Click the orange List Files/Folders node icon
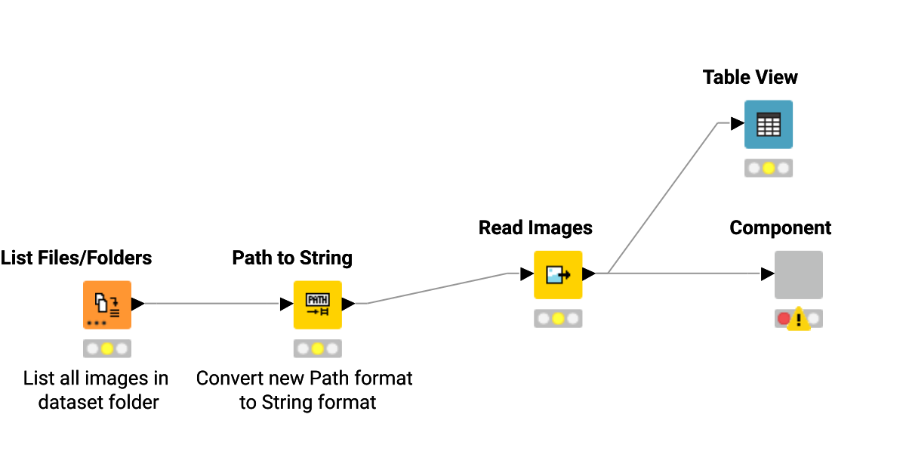[x=106, y=304]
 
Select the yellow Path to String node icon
[x=317, y=304]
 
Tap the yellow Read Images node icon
[x=558, y=274]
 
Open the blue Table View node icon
[x=768, y=124]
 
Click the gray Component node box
[x=798, y=274]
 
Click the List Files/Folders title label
[x=76, y=258]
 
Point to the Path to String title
[x=292, y=258]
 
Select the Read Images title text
[x=535, y=227]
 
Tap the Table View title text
[x=750, y=77]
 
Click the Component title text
[x=780, y=227]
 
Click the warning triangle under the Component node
[x=799, y=320]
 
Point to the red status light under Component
[x=784, y=319]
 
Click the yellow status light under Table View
[x=769, y=168]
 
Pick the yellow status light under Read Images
[x=558, y=319]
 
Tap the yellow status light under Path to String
[x=317, y=348]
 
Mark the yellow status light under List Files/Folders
[x=106, y=348]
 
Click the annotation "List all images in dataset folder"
[x=97, y=390]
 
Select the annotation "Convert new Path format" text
[x=304, y=378]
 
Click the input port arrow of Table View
[x=737, y=124]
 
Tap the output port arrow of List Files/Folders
[x=137, y=304]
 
